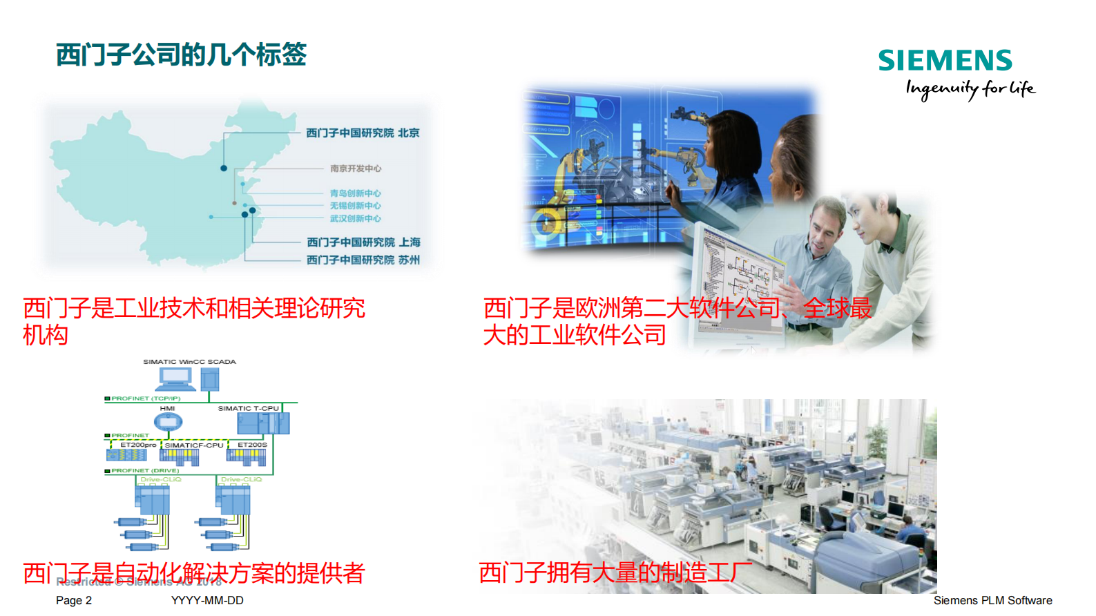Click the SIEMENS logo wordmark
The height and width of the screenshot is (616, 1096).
coord(945,61)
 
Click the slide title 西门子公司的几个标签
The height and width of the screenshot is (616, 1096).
coord(181,55)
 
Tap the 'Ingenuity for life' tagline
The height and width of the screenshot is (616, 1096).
coord(970,89)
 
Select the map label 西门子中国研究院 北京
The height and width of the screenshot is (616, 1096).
coord(363,133)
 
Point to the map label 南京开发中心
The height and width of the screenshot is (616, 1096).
coord(355,169)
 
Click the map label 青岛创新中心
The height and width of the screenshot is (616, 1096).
coord(355,193)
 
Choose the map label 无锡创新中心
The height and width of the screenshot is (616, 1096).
coord(355,206)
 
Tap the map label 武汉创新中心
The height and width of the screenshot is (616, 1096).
coord(355,218)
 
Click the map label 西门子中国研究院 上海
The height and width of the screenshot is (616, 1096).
coord(363,242)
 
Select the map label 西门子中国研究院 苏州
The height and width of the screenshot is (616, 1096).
coord(363,260)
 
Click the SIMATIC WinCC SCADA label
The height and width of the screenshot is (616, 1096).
coord(189,362)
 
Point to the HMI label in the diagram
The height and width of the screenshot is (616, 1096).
coord(167,409)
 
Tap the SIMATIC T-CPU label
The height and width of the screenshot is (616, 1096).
coord(249,409)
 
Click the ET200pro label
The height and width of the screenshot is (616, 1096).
coord(138,445)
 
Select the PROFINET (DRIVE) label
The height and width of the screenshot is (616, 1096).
coord(145,471)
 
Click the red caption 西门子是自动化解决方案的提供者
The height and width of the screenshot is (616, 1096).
coord(193,572)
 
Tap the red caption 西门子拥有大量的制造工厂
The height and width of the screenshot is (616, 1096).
coord(615,572)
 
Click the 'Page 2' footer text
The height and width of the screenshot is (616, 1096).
coord(74,601)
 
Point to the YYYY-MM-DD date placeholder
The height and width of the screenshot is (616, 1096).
coord(207,601)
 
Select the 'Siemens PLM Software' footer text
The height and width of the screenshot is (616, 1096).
coord(992,601)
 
